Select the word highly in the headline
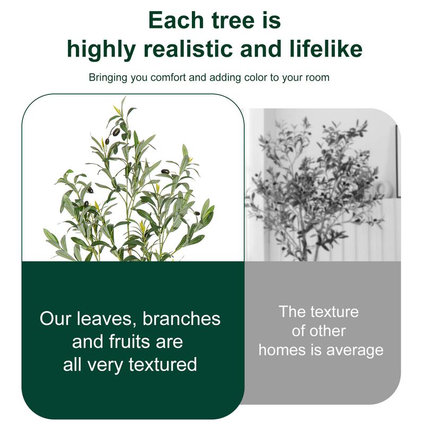click(101, 49)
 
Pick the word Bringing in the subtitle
click(108, 78)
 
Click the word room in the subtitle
click(316, 78)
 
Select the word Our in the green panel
click(56, 319)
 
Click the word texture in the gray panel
click(334, 312)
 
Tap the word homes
click(284, 350)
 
